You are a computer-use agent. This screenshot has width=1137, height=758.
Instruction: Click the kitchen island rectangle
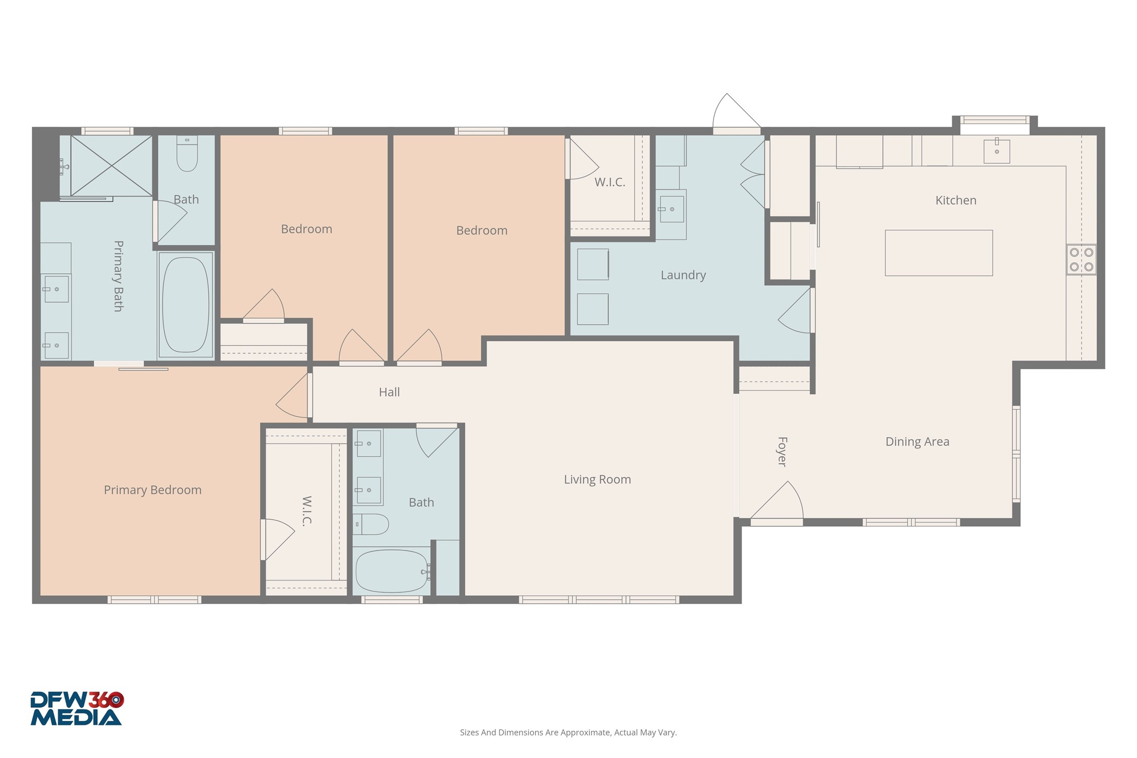(x=939, y=253)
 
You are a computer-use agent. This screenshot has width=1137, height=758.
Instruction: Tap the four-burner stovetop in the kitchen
(x=1081, y=260)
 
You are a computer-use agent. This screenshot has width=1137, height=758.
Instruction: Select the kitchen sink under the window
(x=996, y=151)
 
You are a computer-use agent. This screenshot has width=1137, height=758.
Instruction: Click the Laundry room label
(x=683, y=275)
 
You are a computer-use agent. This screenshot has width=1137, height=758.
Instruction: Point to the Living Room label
(x=597, y=480)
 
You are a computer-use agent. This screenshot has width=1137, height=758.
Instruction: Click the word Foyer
(x=782, y=451)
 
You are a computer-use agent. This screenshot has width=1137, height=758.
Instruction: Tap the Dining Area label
(x=917, y=442)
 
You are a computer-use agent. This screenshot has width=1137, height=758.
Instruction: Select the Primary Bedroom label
(x=152, y=490)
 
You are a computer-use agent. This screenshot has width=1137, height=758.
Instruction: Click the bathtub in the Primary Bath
(x=185, y=305)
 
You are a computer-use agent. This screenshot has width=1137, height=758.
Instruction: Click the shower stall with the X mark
(x=111, y=166)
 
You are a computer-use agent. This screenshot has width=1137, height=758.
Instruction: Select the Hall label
(x=389, y=392)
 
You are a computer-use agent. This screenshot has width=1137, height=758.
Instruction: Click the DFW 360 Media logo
(x=76, y=709)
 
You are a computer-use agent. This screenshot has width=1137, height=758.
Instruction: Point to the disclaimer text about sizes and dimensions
(x=568, y=732)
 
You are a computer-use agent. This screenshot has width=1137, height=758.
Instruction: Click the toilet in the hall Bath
(x=371, y=524)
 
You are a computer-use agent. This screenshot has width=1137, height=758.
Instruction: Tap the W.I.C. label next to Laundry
(x=610, y=182)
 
